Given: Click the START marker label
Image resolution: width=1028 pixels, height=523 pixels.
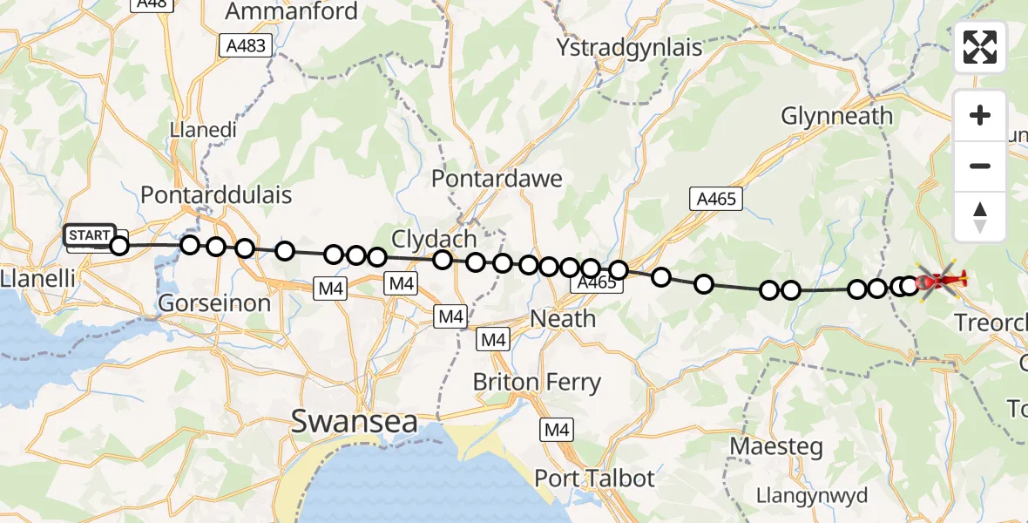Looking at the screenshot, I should point(89,234).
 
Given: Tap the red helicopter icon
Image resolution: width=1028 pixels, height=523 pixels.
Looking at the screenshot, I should point(939,280).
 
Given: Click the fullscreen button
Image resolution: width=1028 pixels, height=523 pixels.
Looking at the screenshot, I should point(980,47).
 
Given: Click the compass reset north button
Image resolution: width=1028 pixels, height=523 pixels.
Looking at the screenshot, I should point(980,217).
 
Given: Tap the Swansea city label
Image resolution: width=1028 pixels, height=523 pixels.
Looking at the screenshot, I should point(354,422).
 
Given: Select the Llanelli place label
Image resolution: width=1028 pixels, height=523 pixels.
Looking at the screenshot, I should point(37,280).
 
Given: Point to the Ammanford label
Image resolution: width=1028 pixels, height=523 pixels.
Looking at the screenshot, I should point(291,11).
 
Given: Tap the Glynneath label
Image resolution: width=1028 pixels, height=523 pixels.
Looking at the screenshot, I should point(836,116).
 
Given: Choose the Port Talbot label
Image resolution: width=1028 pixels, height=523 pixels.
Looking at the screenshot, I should point(594,479).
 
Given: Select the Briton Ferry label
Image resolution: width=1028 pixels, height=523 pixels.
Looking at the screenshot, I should point(537,382).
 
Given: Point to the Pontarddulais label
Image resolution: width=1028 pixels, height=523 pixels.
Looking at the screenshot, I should point(216,194).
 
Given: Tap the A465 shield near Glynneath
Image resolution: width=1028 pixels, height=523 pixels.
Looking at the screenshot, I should point(716,199).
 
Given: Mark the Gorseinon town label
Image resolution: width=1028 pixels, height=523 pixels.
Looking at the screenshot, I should point(214,303).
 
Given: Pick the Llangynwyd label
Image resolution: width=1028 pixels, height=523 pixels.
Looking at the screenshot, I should point(799,496).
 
